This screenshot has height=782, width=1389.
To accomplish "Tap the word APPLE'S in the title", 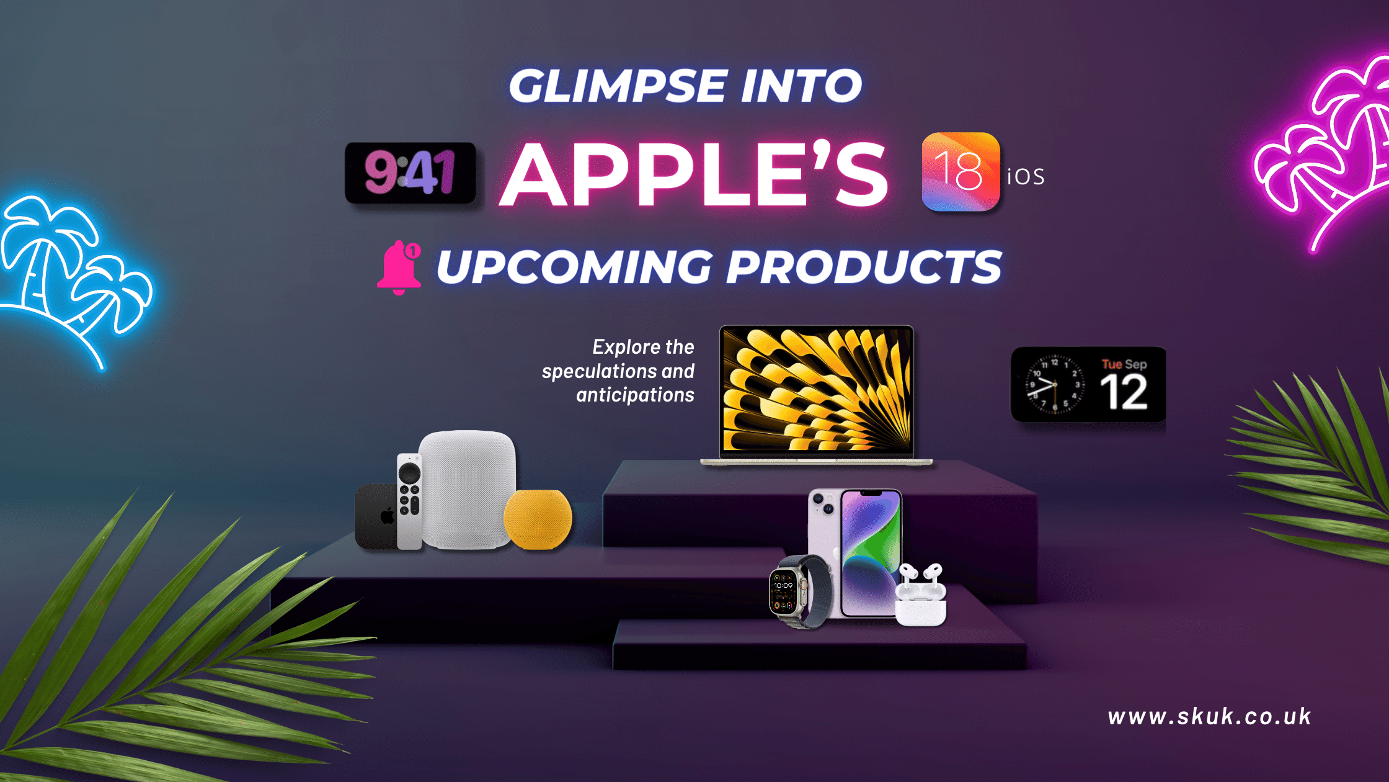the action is point(694,174).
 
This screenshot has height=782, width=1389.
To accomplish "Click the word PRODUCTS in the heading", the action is point(863,267).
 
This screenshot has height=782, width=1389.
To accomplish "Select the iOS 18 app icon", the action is point(961,172).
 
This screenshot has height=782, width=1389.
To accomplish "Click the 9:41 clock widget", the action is point(410,173).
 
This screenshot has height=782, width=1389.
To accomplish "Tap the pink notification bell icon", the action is point(399,267).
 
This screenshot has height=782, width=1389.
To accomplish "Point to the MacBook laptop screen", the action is point(817,389).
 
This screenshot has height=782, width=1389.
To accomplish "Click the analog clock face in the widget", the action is point(1054,385).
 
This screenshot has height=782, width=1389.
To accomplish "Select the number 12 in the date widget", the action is point(1124,393).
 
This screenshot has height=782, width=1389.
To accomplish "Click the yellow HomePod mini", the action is point(538,519).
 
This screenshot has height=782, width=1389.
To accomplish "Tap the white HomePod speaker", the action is point(468,489).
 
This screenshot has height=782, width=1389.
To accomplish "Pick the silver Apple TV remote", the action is point(409,501).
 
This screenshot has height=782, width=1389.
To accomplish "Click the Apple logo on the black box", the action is point(388,516).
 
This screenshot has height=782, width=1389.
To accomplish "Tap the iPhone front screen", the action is point(871,552).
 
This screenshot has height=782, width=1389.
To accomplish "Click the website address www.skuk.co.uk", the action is point(1210,717).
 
